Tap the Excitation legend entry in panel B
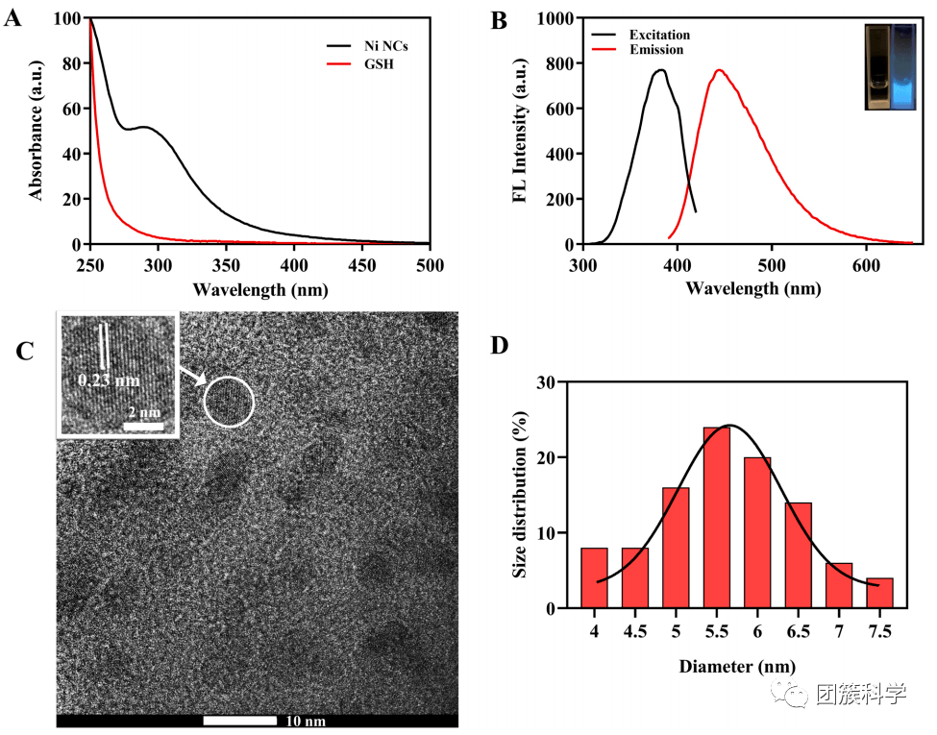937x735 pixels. click(659, 36)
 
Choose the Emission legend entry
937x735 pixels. click(656, 50)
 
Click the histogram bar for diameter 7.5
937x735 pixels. click(879, 592)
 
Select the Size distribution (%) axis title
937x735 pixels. click(520, 495)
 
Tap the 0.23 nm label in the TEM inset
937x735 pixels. click(109, 380)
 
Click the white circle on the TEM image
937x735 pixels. click(229, 401)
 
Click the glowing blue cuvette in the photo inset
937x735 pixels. click(905, 67)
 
